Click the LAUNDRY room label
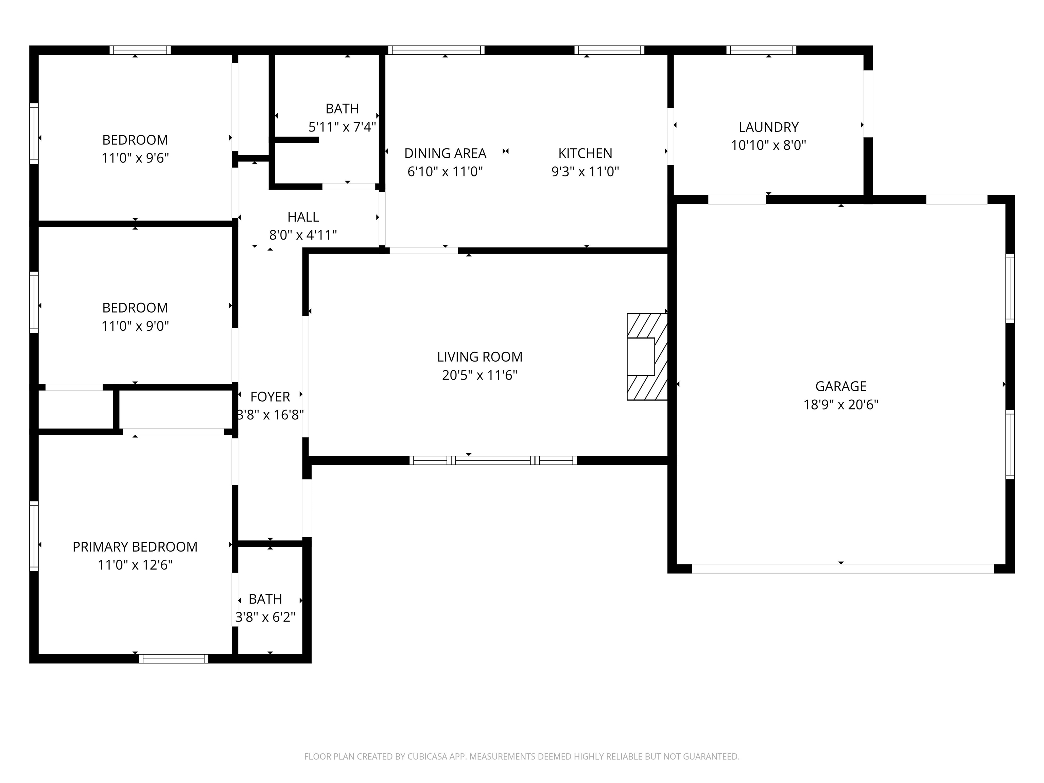tap(768, 127)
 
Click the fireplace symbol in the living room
tap(647, 357)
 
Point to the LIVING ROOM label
tap(480, 357)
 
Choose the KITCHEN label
tap(585, 153)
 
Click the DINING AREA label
tap(445, 153)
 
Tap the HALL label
tap(303, 217)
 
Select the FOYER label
tap(270, 397)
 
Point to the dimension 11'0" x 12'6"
tap(135, 565)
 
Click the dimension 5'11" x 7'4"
tap(342, 127)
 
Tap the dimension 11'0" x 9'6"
tap(135, 158)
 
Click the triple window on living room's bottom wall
tap(493, 460)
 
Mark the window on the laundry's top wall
tap(761, 50)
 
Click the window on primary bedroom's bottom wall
tap(174, 658)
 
